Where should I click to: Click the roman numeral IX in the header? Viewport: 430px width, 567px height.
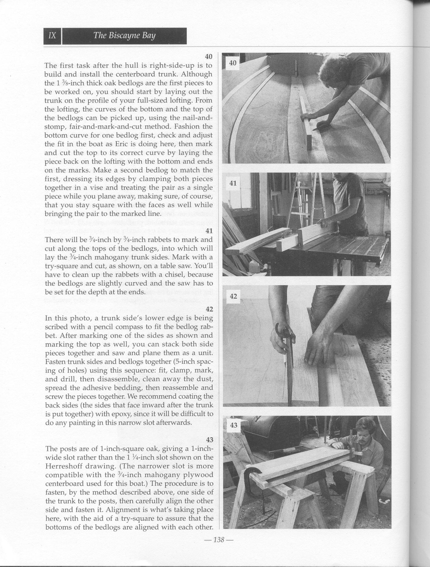click(x=52, y=36)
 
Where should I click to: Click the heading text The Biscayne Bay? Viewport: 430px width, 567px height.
click(x=124, y=36)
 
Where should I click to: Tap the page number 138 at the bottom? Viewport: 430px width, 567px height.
click(x=219, y=539)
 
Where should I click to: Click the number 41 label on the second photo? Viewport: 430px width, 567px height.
click(x=233, y=183)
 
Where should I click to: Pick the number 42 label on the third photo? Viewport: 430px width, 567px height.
click(x=233, y=296)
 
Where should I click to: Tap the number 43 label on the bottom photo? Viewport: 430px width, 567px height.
click(x=233, y=426)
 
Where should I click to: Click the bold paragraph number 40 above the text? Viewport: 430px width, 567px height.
click(x=208, y=56)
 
